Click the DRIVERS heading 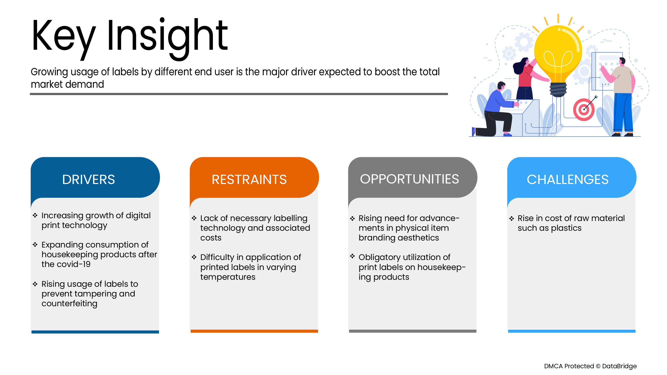pyautogui.click(x=89, y=179)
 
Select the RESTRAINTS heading pyautogui.click(x=249, y=179)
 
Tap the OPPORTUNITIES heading pyautogui.click(x=409, y=179)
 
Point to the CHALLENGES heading pyautogui.click(x=567, y=179)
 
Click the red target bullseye pyautogui.click(x=584, y=109)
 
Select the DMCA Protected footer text pyautogui.click(x=590, y=366)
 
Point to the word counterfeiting pyautogui.click(x=69, y=303)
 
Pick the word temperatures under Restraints pyautogui.click(x=228, y=277)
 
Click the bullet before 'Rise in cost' pyautogui.click(x=511, y=218)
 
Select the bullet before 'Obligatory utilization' pyautogui.click(x=352, y=256)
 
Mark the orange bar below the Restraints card pyautogui.click(x=254, y=331)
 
